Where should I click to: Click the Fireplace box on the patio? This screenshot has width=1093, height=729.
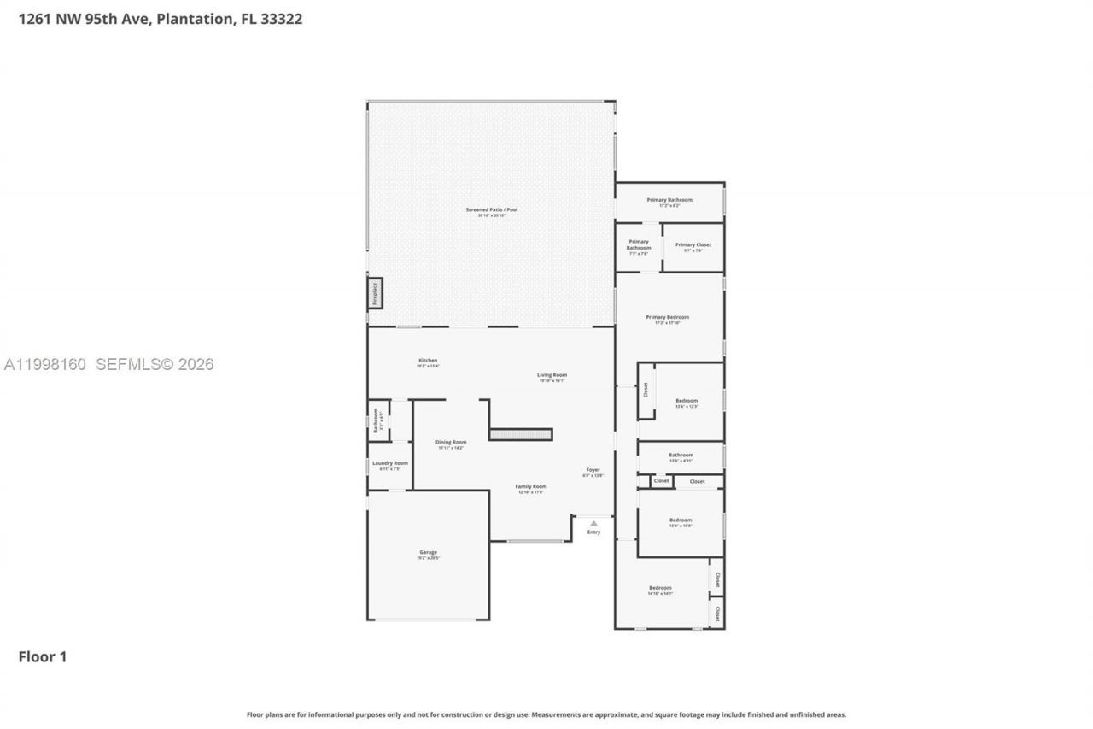click(x=374, y=293)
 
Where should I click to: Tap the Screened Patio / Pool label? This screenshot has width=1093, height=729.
click(x=491, y=210)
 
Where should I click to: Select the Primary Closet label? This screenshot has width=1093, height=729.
click(x=693, y=245)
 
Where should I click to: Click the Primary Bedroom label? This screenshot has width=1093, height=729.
click(x=667, y=317)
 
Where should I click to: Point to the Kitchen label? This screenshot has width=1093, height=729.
click(x=428, y=361)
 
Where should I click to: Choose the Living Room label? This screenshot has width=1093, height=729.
click(x=552, y=375)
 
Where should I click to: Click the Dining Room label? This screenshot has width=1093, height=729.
click(x=451, y=443)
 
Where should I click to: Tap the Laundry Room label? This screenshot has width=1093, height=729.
click(x=389, y=463)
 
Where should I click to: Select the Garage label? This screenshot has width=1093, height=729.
click(x=428, y=553)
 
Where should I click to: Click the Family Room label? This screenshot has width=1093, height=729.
click(x=531, y=487)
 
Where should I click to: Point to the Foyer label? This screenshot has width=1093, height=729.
click(x=593, y=470)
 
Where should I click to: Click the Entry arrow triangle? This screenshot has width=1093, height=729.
click(x=593, y=523)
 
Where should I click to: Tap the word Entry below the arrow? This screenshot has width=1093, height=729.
click(x=593, y=532)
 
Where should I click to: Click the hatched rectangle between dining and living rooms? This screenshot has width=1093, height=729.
click(x=521, y=434)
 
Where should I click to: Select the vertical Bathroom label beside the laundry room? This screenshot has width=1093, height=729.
click(x=376, y=420)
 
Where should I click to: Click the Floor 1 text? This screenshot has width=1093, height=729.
click(x=43, y=656)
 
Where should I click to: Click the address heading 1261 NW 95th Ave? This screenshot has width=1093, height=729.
click(x=161, y=19)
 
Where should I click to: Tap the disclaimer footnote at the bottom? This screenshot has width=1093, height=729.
click(x=546, y=714)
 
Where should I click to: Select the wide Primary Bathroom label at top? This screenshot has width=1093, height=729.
click(x=669, y=200)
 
